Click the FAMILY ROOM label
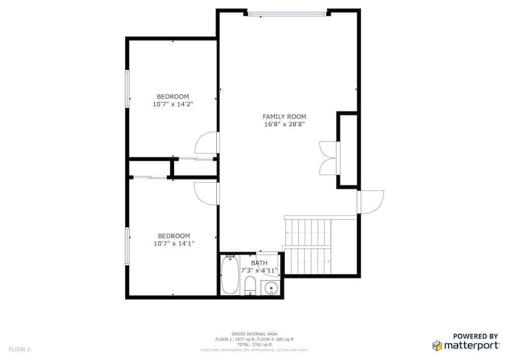click(x=284, y=117)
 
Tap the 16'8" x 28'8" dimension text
click(x=285, y=124)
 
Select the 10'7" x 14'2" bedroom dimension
click(x=173, y=104)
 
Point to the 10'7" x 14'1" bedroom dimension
click(x=174, y=244)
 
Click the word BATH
click(x=260, y=263)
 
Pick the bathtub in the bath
click(x=230, y=274)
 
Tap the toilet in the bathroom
click(x=250, y=285)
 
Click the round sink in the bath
click(x=271, y=288)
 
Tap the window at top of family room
click(x=287, y=14)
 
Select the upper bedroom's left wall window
click(x=127, y=88)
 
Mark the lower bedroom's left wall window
click(x=127, y=246)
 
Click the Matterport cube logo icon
click(x=437, y=345)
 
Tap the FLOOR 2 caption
click(x=19, y=350)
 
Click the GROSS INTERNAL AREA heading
click(x=254, y=334)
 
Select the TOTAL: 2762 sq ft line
click(x=254, y=345)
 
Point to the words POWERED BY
click(x=475, y=336)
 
